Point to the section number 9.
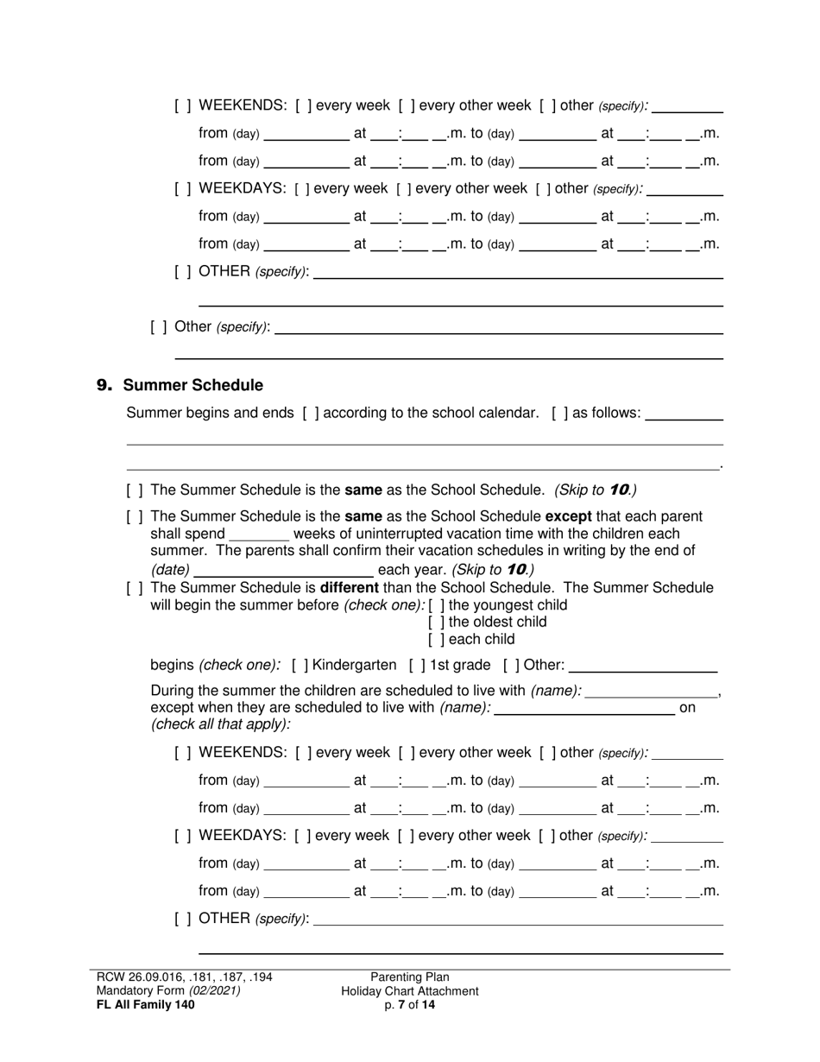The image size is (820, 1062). pyautogui.click(x=104, y=385)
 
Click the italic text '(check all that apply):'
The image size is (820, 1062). pyautogui.click(x=221, y=724)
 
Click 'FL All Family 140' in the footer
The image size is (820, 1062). pyautogui.click(x=146, y=1004)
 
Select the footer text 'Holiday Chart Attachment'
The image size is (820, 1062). pyautogui.click(x=410, y=991)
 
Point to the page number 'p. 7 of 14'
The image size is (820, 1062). pyautogui.click(x=410, y=1005)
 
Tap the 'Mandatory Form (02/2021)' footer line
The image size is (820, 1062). pyautogui.click(x=168, y=991)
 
